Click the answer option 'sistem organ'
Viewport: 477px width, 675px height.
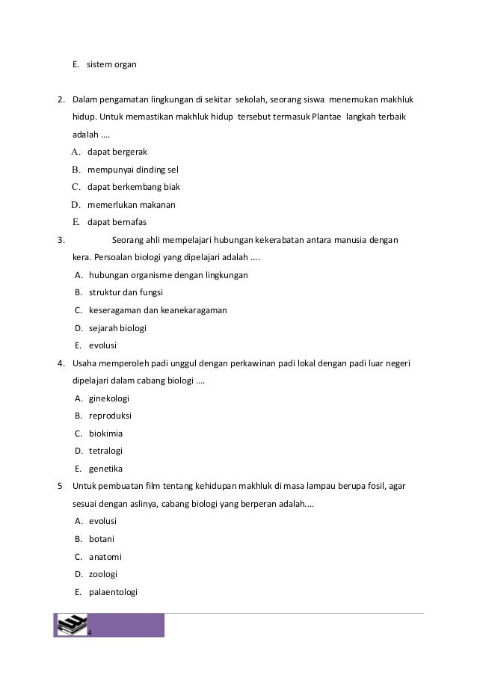click(x=111, y=64)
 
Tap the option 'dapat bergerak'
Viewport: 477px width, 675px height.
click(x=117, y=152)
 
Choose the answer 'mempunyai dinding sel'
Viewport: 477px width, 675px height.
click(x=132, y=169)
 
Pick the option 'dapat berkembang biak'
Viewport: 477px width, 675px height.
click(x=133, y=186)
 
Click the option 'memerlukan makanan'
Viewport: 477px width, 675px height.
click(x=131, y=204)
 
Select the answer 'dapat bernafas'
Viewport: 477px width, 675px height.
click(x=117, y=222)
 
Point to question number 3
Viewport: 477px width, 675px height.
click(x=60, y=240)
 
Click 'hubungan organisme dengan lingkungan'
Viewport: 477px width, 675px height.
click(x=168, y=275)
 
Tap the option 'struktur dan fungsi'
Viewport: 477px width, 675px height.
click(x=126, y=292)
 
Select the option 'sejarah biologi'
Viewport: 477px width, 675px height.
click(x=117, y=327)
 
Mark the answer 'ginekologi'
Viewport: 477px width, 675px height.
click(x=109, y=398)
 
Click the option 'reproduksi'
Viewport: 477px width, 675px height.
click(x=110, y=415)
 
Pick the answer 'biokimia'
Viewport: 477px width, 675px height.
click(x=105, y=433)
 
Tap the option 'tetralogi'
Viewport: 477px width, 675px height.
click(x=105, y=451)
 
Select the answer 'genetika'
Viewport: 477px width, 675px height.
click(x=105, y=469)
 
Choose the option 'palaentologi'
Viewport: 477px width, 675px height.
click(x=114, y=592)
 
